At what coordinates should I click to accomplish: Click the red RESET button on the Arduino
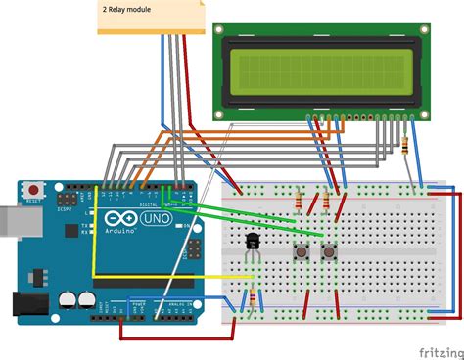point(36,189)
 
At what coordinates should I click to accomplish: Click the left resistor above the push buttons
point(297,202)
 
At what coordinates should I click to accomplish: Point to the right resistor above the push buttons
point(324,202)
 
